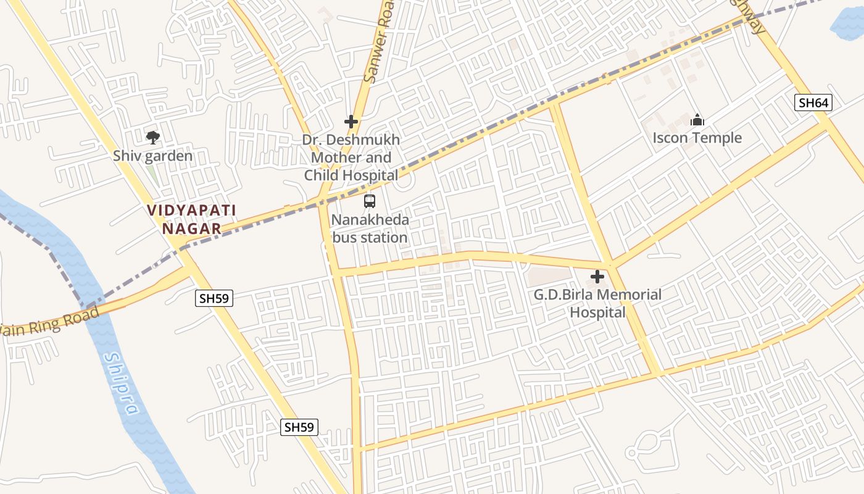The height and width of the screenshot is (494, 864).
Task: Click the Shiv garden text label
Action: click(152, 156)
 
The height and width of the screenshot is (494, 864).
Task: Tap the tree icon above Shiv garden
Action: click(152, 137)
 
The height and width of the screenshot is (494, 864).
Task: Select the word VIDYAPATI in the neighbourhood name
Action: click(192, 211)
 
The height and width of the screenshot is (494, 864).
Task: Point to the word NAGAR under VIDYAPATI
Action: click(191, 228)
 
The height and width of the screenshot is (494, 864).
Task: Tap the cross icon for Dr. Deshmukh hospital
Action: click(351, 122)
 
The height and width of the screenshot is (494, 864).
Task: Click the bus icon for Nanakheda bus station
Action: click(370, 201)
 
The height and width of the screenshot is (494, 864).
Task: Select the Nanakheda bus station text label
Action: click(370, 228)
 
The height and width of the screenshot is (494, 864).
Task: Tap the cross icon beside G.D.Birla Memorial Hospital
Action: click(597, 277)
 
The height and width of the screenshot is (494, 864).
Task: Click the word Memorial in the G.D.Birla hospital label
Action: click(629, 295)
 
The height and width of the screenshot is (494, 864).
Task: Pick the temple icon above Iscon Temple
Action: click(697, 120)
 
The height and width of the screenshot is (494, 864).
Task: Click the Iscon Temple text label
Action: click(697, 138)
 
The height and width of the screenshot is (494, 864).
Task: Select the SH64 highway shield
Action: click(813, 103)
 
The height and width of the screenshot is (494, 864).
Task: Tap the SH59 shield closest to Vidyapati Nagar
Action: click(214, 299)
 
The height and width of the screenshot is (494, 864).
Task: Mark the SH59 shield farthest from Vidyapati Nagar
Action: click(299, 427)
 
